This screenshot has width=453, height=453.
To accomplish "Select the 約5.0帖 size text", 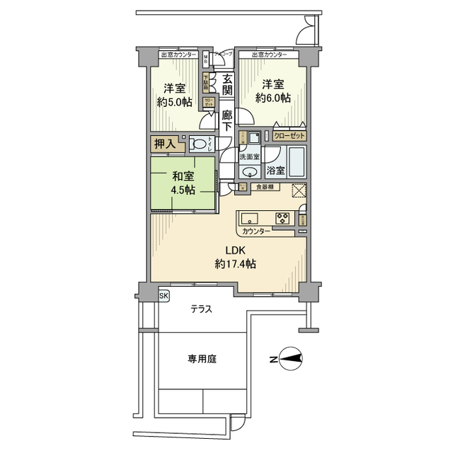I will coord(174,102).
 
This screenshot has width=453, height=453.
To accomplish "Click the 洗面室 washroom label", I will coord(249,155).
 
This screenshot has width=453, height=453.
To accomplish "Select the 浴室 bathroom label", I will coord(275,171).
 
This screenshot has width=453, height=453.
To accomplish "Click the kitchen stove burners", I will coord(283,218).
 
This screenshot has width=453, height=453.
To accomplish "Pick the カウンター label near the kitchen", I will coord(256,231).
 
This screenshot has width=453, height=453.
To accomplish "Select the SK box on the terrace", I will coord(164,296).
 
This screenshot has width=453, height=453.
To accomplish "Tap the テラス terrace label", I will coord(202,309).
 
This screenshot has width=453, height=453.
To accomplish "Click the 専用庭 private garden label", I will coord(202,359).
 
